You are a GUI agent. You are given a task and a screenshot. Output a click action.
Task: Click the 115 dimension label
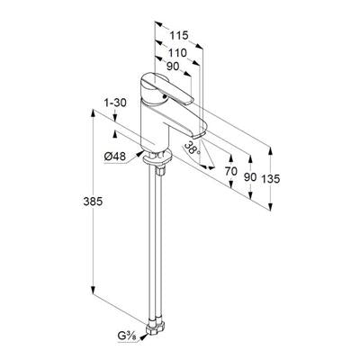coord(179,35)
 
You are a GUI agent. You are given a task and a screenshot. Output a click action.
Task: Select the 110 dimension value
coord(177,53)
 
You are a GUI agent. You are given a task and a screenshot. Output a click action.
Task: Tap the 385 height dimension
coord(93,202)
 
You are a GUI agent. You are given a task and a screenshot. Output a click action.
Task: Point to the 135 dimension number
coord(270,179)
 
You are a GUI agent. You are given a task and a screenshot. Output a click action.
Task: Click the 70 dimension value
coord(231,171)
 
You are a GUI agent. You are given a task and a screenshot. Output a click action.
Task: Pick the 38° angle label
coord(192,148)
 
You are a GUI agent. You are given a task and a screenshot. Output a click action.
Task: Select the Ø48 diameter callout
coord(115,157)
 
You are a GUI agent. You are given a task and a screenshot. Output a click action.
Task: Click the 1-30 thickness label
coord(115,103)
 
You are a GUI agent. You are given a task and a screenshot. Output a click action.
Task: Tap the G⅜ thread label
coord(127,336)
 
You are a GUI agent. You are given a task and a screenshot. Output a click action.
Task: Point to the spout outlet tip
coord(199,136)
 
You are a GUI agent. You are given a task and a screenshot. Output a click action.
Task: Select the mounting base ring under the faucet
coord(157,158)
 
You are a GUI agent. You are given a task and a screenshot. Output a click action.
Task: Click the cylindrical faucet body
coord(154,126)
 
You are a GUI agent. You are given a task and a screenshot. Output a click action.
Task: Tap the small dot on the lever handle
coord(164,96)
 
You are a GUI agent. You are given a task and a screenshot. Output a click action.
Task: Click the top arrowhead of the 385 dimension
coord(94,114)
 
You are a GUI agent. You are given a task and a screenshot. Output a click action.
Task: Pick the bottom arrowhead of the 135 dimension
coord(271,206)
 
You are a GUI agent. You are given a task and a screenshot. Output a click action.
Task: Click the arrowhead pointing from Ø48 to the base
coord(139,154)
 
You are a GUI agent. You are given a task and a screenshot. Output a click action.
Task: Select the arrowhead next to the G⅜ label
coord(143,337)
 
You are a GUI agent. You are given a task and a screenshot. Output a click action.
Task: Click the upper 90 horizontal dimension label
coord(173,67)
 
